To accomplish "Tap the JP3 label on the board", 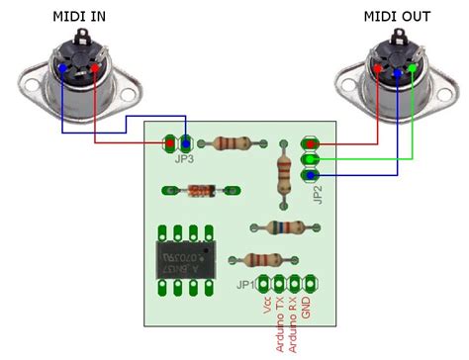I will click(x=183, y=157).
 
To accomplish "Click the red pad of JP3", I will click(x=170, y=143).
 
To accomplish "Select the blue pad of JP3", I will click(x=186, y=143).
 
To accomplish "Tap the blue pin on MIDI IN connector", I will click(x=65, y=68).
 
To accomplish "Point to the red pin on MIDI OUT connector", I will click(x=382, y=69).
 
